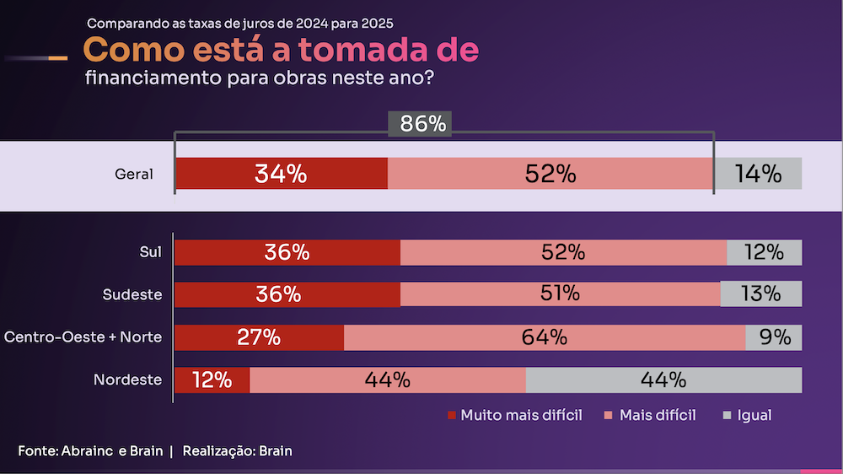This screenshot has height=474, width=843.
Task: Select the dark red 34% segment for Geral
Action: (281, 174)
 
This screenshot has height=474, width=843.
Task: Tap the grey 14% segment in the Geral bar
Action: (758, 174)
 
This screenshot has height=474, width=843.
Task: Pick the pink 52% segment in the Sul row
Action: (563, 252)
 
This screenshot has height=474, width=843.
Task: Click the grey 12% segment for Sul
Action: (764, 252)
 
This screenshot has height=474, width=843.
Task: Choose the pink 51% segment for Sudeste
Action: (560, 294)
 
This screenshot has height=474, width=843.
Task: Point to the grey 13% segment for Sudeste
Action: (760, 294)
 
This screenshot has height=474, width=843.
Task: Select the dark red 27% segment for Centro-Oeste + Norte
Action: (259, 337)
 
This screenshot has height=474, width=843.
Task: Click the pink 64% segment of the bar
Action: (544, 337)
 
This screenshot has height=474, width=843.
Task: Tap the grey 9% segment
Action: (773, 337)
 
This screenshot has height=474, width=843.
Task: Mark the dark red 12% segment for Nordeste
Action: (212, 380)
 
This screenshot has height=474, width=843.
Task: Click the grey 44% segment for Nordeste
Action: (663, 380)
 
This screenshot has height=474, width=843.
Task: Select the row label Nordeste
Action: (127, 380)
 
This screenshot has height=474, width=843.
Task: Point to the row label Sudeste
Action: (132, 294)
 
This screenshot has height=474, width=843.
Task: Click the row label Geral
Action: (134, 175)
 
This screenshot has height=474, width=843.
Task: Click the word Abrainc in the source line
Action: (88, 451)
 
